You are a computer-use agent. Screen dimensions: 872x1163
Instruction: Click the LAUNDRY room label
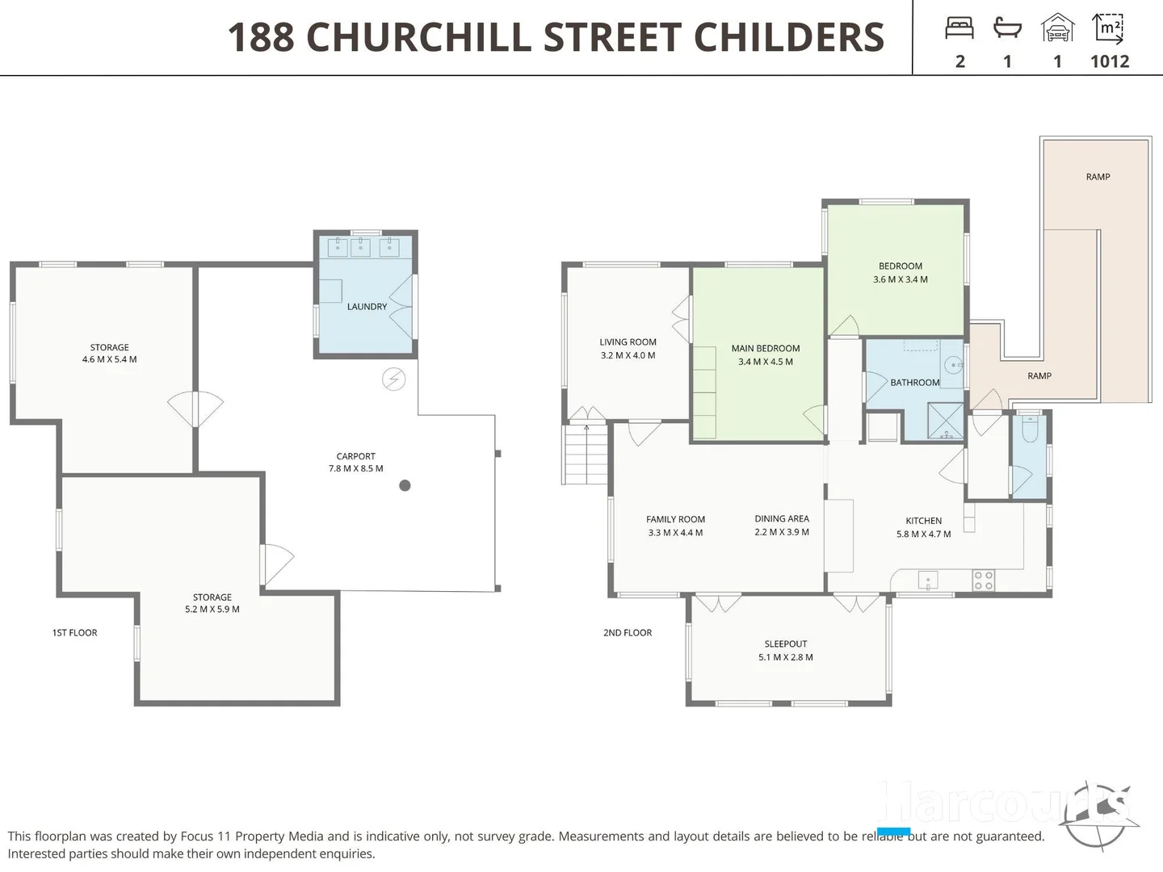(x=367, y=307)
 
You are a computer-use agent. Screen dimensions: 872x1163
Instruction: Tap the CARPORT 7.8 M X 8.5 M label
(x=355, y=463)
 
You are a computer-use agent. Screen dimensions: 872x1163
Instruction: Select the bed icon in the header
(x=959, y=28)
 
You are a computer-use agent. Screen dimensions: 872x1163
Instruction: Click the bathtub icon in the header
(x=1007, y=28)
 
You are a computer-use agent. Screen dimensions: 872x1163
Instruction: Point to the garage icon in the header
(x=1057, y=28)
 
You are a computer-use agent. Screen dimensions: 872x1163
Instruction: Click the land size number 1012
(x=1109, y=61)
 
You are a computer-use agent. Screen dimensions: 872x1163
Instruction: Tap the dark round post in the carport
(x=405, y=485)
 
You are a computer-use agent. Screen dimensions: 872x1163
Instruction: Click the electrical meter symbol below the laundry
(x=393, y=379)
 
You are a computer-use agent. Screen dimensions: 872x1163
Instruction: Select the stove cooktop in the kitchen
(x=983, y=580)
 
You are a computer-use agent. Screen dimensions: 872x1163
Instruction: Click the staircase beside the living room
(x=586, y=455)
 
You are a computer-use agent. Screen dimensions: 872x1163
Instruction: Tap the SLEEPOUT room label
(x=785, y=644)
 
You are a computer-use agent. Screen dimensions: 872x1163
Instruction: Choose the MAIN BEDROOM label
(x=765, y=349)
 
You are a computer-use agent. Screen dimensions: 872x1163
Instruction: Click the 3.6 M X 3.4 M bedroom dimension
(x=900, y=280)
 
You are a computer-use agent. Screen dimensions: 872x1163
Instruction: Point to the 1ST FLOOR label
(x=74, y=633)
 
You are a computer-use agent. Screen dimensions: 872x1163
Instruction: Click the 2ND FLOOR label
(x=627, y=633)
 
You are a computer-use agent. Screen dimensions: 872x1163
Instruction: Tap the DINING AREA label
(x=781, y=519)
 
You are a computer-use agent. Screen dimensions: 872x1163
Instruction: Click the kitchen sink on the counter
(x=928, y=580)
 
